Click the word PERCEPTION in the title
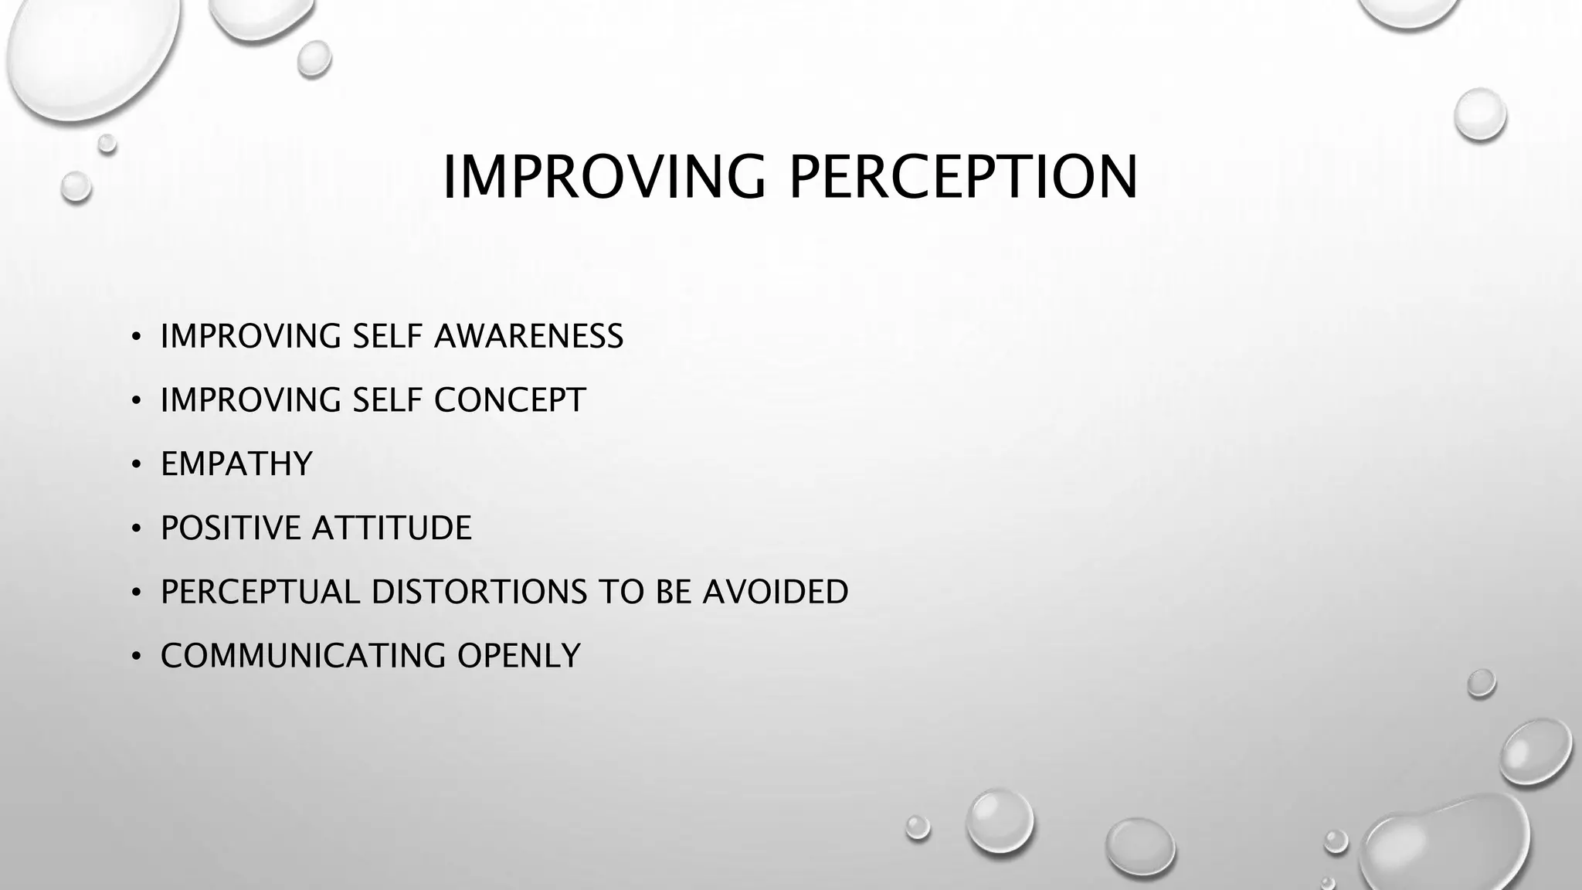(x=963, y=177)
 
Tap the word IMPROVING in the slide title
(x=603, y=177)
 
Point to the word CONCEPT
(x=510, y=400)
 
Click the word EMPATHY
(x=236, y=464)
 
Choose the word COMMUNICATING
(x=303, y=656)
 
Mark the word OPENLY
(x=518, y=656)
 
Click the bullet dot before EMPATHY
(x=136, y=465)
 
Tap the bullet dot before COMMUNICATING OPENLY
(x=136, y=657)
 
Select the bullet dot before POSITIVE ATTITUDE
(x=136, y=529)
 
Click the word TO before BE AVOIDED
(x=621, y=592)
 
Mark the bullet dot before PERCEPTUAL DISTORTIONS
(x=136, y=593)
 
